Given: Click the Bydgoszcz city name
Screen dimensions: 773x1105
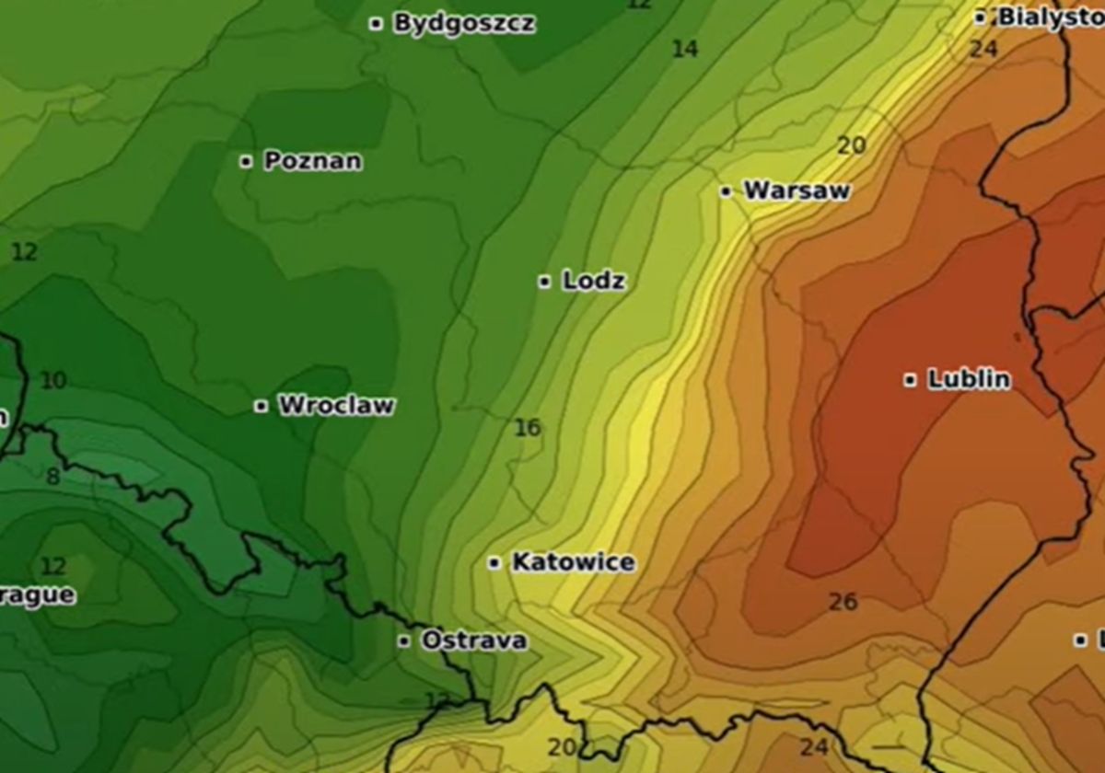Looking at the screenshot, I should (464, 23).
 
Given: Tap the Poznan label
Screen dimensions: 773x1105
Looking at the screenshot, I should (313, 161).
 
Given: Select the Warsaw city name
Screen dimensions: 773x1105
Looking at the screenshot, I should (797, 190).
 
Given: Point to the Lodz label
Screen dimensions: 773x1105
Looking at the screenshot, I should (594, 281).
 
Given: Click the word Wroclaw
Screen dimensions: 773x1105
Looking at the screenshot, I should (336, 405).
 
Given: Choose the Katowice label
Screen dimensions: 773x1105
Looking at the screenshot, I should (573, 561).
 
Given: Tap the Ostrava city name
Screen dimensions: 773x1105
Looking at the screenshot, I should (474, 640).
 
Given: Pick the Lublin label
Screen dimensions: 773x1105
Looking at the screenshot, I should (969, 379).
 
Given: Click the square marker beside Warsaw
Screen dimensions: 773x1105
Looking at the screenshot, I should (726, 191).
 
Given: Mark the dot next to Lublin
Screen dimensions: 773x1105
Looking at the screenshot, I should (910, 380).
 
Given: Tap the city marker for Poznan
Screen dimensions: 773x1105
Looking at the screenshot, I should (246, 162).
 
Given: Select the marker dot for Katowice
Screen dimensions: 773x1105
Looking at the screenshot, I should (494, 562).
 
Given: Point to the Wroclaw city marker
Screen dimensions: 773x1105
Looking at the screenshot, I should (261, 406).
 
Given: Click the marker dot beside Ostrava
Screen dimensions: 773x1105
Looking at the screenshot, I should (403, 641).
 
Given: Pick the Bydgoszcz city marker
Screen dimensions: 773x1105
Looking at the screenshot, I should (376, 24).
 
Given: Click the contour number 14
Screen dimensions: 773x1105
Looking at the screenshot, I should (684, 49).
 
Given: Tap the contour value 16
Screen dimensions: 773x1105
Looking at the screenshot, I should (528, 427).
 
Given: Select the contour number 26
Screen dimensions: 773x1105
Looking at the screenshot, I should (843, 602).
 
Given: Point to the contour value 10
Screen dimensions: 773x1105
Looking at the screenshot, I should (53, 380).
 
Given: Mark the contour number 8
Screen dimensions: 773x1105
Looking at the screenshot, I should (52, 476).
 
